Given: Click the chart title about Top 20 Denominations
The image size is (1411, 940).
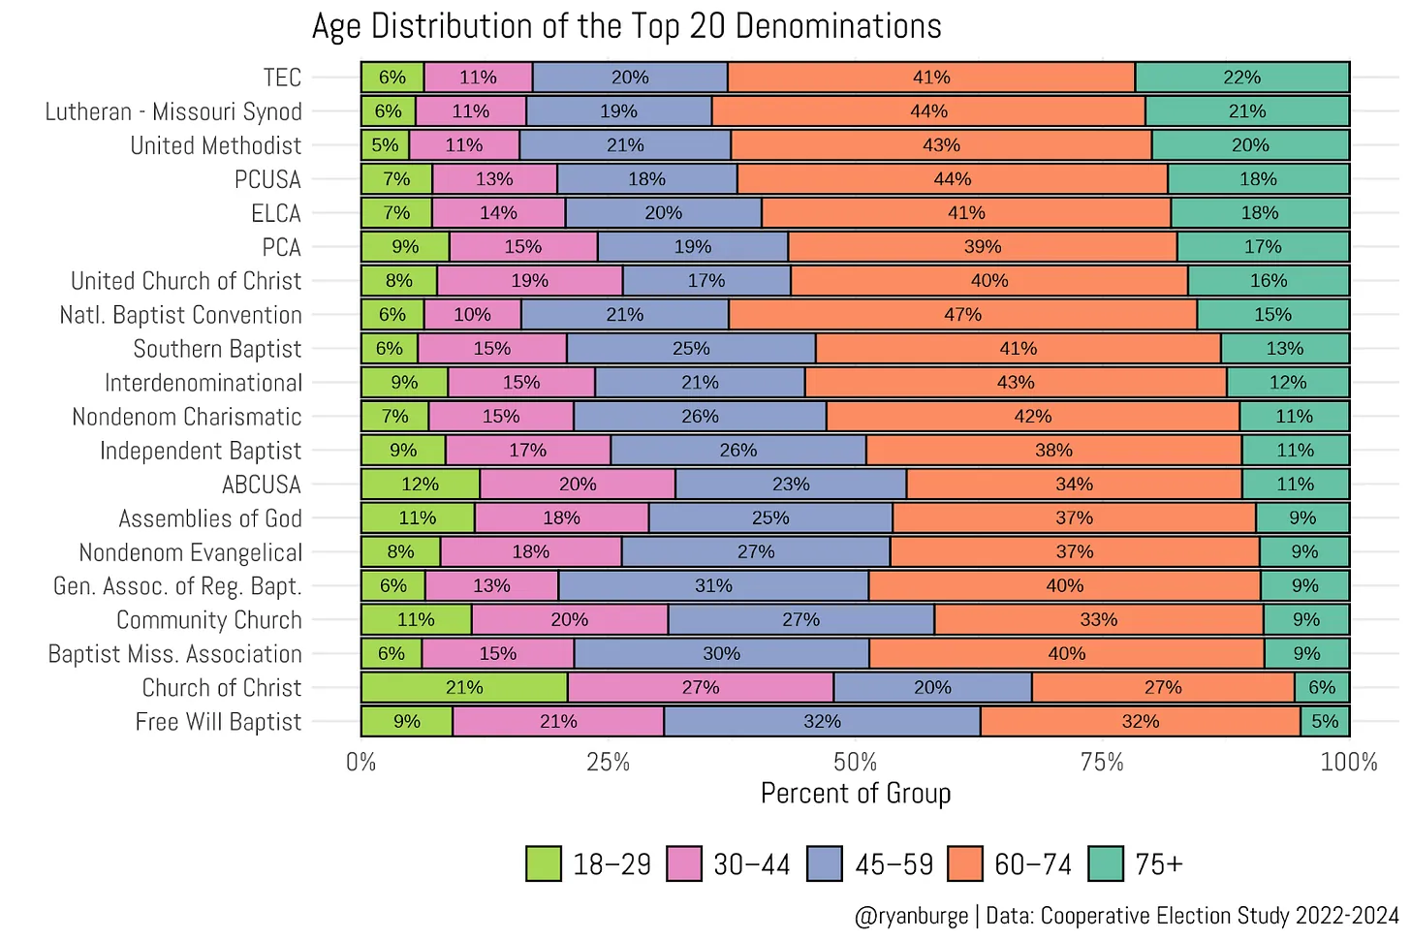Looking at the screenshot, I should point(626,26).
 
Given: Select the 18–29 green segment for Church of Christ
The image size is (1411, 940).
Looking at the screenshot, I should point(464,688).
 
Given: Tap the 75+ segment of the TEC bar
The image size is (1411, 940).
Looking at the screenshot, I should point(1241,78).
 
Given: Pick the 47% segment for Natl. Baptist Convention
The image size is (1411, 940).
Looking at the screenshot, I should point(962,315).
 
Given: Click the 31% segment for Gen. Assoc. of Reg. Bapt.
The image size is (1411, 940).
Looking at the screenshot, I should point(713,586).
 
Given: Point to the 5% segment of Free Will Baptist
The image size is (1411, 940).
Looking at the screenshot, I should point(1325,722).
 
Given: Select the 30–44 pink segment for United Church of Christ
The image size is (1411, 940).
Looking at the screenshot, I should point(529,281).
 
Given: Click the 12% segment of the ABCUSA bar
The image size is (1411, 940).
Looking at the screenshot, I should point(421,485).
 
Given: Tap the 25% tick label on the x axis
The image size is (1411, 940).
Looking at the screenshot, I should point(609,763).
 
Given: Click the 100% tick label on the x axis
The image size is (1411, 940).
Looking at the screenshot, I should point(1348,763).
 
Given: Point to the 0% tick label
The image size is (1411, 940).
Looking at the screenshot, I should point(361,763).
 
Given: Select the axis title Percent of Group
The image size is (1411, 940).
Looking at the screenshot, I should point(856,794).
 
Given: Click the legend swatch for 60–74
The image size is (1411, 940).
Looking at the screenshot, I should point(965,864).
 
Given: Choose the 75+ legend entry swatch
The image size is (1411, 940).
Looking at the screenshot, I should point(1106,864).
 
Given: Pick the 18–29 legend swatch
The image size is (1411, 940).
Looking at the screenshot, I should point(544,864).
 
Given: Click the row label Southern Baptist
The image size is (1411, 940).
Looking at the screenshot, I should point(217,349).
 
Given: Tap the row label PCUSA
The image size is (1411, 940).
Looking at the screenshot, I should point(267,179).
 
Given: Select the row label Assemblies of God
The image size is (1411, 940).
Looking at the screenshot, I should point(210,518).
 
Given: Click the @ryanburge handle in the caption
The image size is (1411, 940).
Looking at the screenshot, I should point(911,916).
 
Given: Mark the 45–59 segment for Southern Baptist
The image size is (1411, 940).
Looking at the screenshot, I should point(691,349).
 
